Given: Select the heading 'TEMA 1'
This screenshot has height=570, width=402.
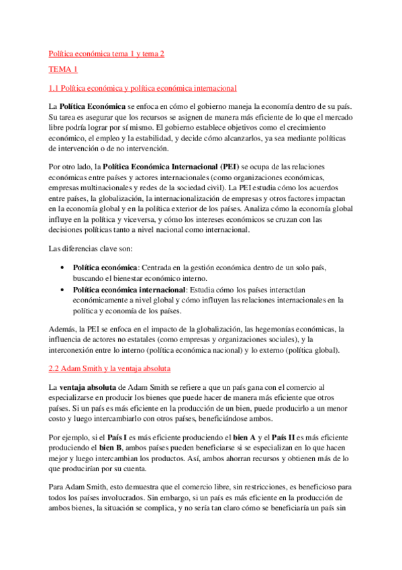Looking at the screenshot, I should pyautogui.click(x=64, y=70).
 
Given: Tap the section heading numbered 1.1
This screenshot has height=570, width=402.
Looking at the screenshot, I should pyautogui.click(x=142, y=88).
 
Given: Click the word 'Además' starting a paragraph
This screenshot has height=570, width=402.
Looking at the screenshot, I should pyautogui.click(x=62, y=329).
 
